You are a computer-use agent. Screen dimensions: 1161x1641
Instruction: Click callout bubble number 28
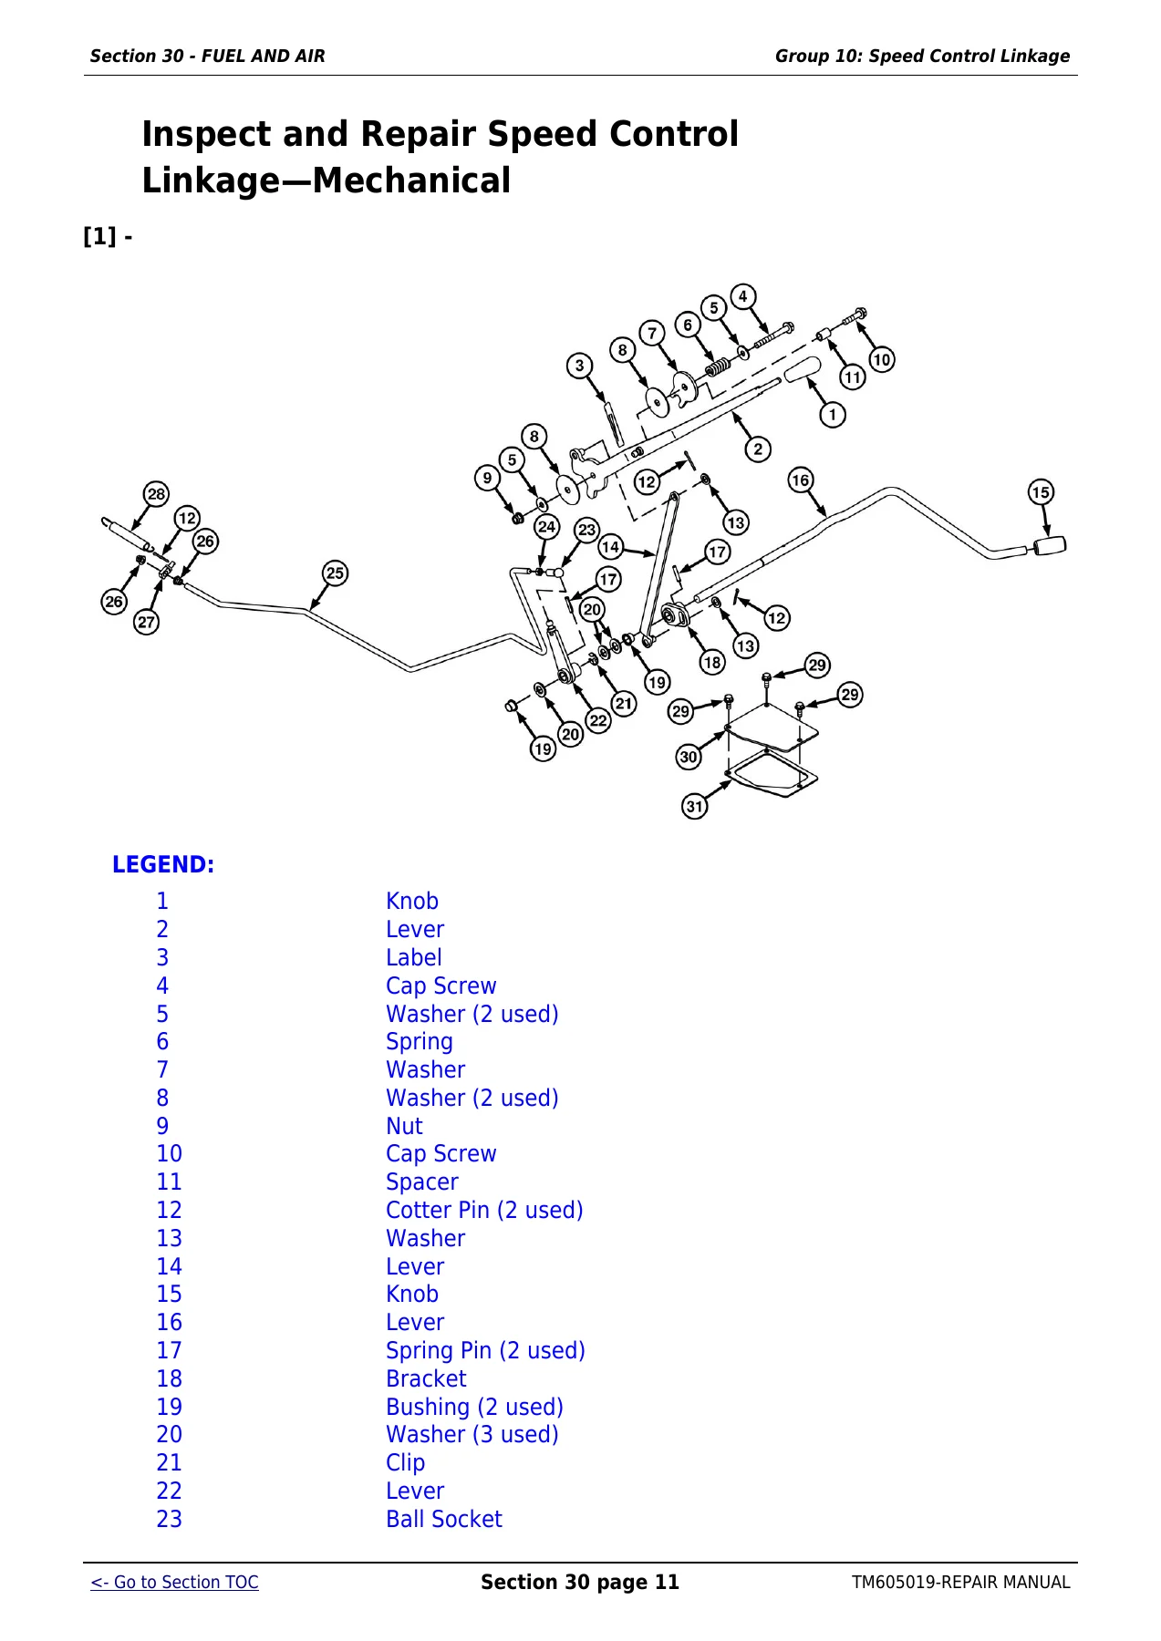point(157,494)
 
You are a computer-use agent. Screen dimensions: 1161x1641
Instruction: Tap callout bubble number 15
point(1041,492)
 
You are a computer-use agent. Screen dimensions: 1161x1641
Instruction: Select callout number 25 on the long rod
point(336,573)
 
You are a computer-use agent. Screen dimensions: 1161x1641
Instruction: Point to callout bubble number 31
point(695,806)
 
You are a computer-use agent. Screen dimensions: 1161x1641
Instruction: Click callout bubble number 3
point(579,366)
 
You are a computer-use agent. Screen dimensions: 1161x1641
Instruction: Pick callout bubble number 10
point(881,359)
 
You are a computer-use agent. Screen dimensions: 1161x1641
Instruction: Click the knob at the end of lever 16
point(1049,546)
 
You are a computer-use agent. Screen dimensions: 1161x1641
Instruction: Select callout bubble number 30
point(689,757)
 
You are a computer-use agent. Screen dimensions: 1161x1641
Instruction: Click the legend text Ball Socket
point(444,1519)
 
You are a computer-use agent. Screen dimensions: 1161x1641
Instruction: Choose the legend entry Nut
point(404,1126)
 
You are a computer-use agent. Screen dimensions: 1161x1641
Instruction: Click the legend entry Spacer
point(422,1182)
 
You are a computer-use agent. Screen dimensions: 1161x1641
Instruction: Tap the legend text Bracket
point(426,1378)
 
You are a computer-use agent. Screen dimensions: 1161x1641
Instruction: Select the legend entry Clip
point(405,1463)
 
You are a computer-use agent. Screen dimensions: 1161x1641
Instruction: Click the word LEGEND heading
point(163,864)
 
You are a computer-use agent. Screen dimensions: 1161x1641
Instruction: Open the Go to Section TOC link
point(174,1583)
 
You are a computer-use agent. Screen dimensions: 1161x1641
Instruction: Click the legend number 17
point(169,1350)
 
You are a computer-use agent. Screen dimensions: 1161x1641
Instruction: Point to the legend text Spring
point(420,1042)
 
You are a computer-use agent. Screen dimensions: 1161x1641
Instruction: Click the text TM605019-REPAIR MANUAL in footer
point(961,1583)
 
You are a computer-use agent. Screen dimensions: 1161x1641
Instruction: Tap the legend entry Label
point(414,957)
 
